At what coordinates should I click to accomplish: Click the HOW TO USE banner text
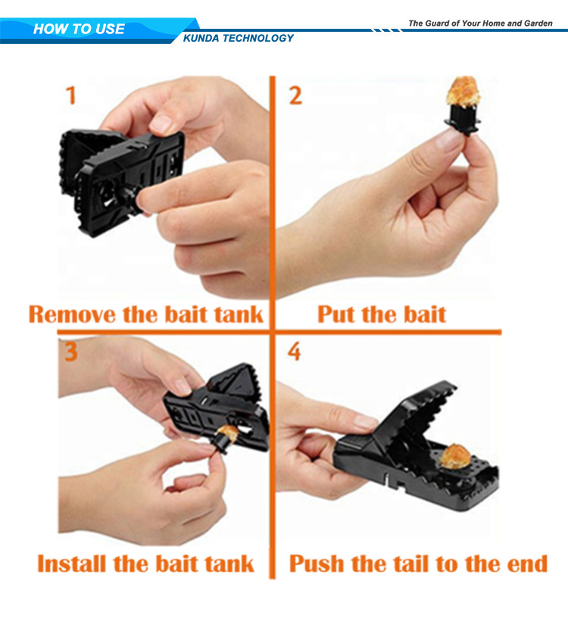coord(79,29)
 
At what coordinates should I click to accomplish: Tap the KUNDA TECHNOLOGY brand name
coord(238,38)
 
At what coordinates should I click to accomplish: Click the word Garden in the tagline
coord(538,23)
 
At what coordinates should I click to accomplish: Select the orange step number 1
coord(71,95)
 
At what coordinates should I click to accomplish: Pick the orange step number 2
coord(295,96)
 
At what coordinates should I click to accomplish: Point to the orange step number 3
coord(70,351)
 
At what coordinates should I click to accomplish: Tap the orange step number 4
coord(295,351)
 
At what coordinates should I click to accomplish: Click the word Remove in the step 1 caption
coord(72,315)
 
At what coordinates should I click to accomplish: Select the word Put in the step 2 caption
coord(336,314)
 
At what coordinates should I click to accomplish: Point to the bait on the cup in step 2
coord(463,92)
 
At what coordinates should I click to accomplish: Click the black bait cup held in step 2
coord(463,119)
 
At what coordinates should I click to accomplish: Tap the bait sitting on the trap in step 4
coord(456,456)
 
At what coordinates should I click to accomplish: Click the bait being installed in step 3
coord(229,433)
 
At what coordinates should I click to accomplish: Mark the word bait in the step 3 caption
coord(178,564)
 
